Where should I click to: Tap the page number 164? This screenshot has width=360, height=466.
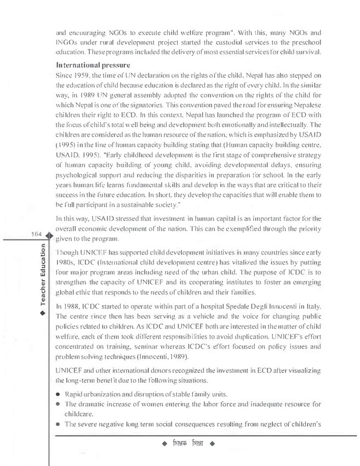(39, 234)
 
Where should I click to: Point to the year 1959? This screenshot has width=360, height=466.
(98, 75)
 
